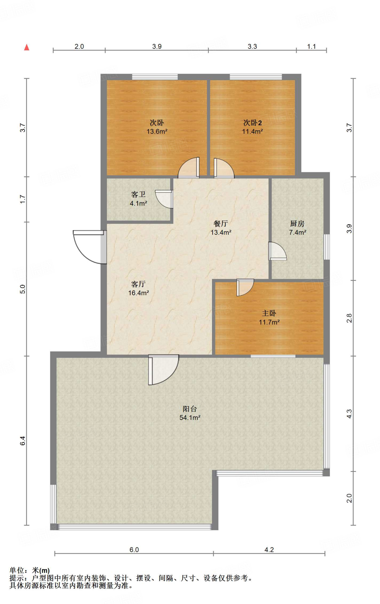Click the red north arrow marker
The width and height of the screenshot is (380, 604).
27,47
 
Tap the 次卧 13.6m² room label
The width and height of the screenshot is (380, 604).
157,127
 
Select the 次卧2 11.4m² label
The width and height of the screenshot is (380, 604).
252,127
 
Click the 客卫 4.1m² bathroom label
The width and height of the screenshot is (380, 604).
138,199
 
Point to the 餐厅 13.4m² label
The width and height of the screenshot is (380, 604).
221,228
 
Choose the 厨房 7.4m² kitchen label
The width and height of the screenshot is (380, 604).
297,228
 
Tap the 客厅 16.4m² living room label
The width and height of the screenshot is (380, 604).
138,288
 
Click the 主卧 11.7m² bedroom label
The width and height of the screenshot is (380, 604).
269,318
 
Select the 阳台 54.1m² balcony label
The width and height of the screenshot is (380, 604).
190,413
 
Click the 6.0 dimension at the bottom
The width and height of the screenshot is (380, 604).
134,549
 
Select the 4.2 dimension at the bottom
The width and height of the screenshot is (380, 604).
269,549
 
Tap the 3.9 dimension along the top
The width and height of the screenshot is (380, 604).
157,46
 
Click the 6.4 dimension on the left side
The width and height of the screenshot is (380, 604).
23,441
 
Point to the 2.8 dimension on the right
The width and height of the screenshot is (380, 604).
349,318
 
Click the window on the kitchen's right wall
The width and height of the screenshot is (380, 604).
327,247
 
